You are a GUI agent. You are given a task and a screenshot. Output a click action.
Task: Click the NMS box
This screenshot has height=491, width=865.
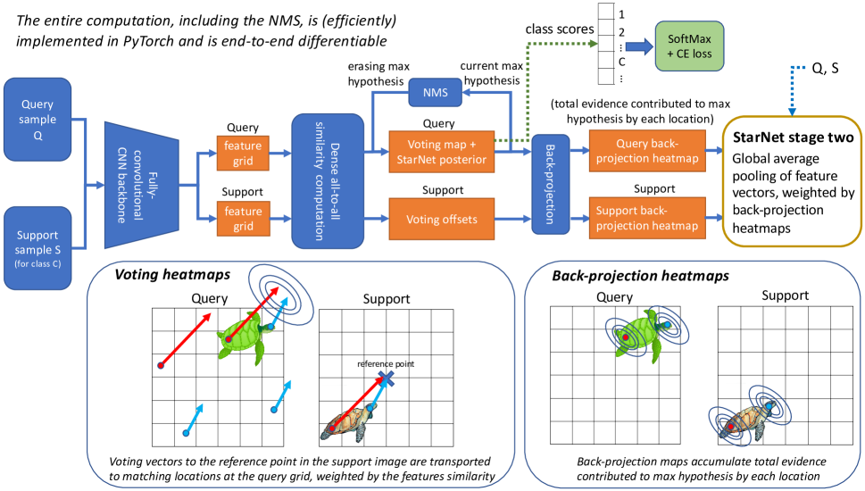click(x=434, y=93)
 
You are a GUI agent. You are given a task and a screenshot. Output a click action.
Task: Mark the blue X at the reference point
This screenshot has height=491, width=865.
click(x=387, y=379)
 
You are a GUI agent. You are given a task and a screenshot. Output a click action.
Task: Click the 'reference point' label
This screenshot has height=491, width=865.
click(x=387, y=363)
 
